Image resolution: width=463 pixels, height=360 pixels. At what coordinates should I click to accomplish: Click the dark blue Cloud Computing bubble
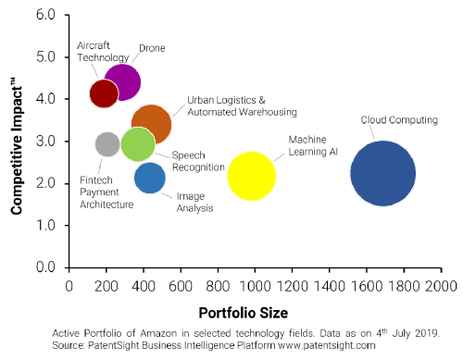click(382, 173)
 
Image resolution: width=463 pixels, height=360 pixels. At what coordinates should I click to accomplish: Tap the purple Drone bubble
click(122, 81)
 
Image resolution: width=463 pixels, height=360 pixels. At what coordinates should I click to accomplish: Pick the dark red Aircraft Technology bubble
click(103, 93)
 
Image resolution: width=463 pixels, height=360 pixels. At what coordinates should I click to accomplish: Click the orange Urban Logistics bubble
click(151, 123)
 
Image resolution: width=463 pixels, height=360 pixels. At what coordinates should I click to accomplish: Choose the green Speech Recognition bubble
click(137, 143)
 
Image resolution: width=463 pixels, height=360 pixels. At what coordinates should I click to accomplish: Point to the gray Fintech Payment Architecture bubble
click(107, 143)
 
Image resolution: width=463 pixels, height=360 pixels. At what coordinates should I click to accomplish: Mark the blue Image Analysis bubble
click(150, 178)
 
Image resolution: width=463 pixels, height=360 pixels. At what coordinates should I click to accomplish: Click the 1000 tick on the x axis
click(255, 286)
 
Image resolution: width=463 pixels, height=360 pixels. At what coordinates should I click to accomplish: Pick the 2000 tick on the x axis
click(440, 286)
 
